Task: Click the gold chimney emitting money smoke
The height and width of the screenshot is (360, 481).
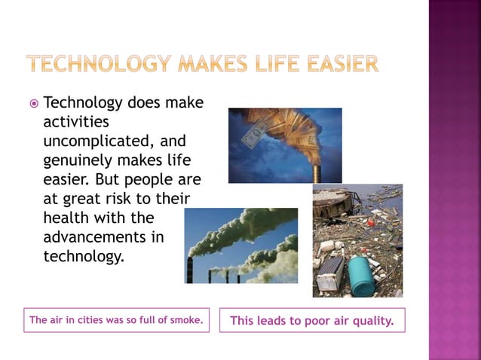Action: [x=317, y=170]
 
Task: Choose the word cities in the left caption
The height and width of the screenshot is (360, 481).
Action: [x=88, y=320]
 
